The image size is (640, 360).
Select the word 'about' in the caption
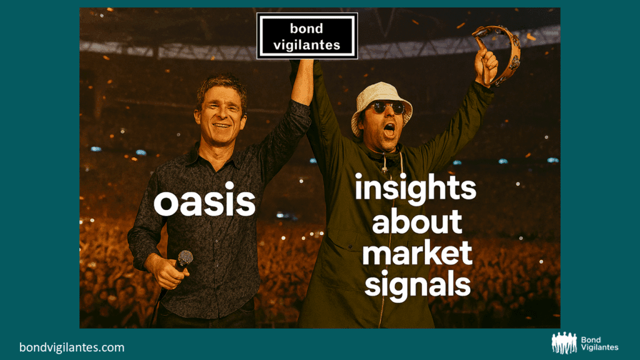pos(417,221)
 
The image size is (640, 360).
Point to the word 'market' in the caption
pos(417,253)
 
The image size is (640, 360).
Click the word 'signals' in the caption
pos(417,284)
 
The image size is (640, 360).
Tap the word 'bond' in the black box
pos(306,29)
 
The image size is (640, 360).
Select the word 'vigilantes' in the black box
pos(307,45)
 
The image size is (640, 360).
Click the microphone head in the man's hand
pos(185,258)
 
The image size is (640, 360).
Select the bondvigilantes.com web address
pos(72,347)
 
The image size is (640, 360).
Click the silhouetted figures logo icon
pos(564,343)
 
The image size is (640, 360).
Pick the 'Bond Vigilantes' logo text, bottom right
pos(599,344)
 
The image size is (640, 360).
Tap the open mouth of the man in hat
pos(389,130)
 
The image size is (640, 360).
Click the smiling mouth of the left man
pos(222,125)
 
